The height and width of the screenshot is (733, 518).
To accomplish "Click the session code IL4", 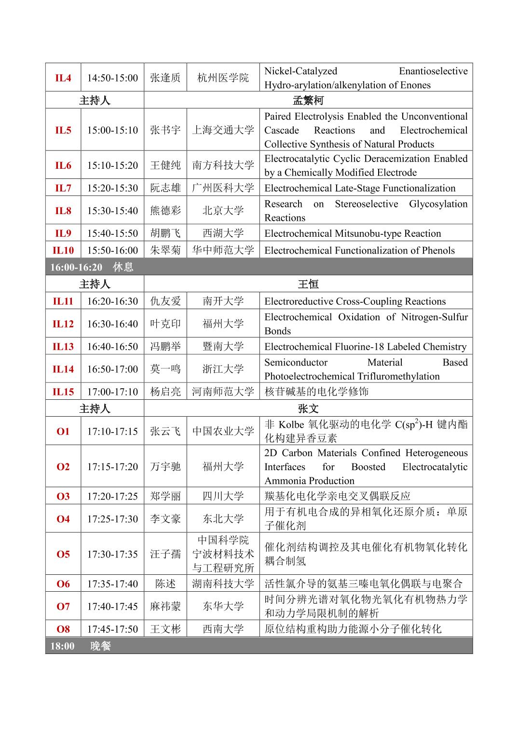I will pyautogui.click(x=63, y=78).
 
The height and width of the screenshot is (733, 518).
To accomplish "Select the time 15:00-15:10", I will pyautogui.click(x=112, y=130).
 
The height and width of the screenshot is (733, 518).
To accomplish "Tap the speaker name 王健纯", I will pyautogui.click(x=165, y=165).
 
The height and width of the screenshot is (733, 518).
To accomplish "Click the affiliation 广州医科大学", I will pyautogui.click(x=223, y=188).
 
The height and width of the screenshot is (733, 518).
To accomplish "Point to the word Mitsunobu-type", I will pyautogui.click(x=368, y=233).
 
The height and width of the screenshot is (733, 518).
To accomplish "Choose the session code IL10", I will pyautogui.click(x=63, y=250).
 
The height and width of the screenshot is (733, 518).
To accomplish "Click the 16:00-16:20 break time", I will pyautogui.click(x=76, y=267).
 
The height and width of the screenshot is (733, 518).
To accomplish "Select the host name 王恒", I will pyautogui.click(x=308, y=284).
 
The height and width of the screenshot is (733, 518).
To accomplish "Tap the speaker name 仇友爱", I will pyautogui.click(x=165, y=301).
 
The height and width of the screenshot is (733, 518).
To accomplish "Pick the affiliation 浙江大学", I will pyautogui.click(x=223, y=369).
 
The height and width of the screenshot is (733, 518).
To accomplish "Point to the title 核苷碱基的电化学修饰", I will pyautogui.click(x=316, y=392).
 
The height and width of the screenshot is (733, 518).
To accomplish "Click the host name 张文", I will pyautogui.click(x=308, y=409).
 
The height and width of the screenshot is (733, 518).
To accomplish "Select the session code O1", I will pyautogui.click(x=63, y=432).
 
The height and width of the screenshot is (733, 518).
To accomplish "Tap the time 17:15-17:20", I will pyautogui.click(x=112, y=467).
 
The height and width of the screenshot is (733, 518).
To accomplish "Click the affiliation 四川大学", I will pyautogui.click(x=223, y=496).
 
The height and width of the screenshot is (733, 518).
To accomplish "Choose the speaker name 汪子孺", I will pyautogui.click(x=165, y=554).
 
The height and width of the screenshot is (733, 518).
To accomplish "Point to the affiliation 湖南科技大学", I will pyautogui.click(x=223, y=584).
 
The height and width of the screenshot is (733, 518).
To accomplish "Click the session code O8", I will pyautogui.click(x=63, y=629).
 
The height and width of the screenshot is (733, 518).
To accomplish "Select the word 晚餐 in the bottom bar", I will pyautogui.click(x=100, y=646).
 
